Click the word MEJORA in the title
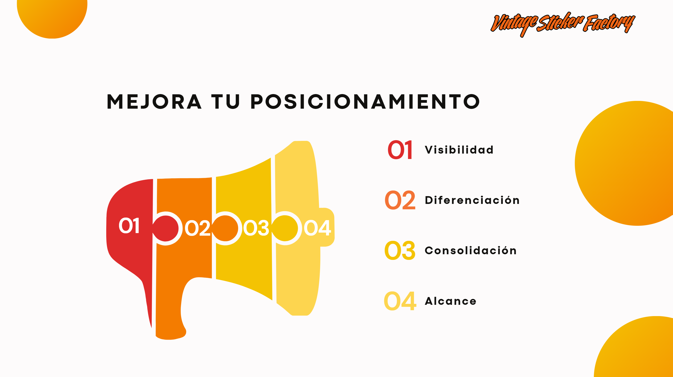[154, 102]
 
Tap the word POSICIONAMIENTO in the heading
[365, 102]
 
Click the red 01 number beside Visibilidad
[400, 150]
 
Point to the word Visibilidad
[459, 150]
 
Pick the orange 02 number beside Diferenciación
[400, 200]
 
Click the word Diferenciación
[472, 200]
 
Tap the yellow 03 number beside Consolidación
[400, 250]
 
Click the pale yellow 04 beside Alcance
[400, 301]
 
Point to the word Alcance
[451, 301]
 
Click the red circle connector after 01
[166, 228]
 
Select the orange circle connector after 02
[225, 228]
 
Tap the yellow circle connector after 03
[285, 228]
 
